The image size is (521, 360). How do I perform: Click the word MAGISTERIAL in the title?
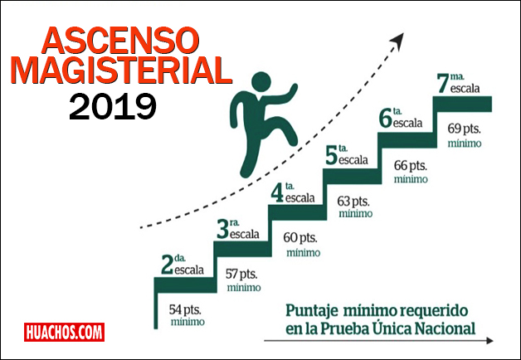click(x=122, y=72)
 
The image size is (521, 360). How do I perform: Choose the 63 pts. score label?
click(x=353, y=201)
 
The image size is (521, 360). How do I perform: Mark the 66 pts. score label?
click(x=411, y=166)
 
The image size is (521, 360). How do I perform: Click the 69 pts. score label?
click(x=465, y=129)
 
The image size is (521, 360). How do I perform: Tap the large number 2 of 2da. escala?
click(x=167, y=265)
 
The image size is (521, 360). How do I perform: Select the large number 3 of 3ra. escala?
click(x=222, y=230)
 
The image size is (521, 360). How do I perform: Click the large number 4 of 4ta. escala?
click(x=276, y=194)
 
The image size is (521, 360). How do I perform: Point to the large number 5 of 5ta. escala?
click(x=330, y=156)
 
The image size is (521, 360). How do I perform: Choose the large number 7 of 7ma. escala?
click(x=442, y=84)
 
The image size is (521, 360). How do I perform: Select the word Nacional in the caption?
click(x=446, y=328)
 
